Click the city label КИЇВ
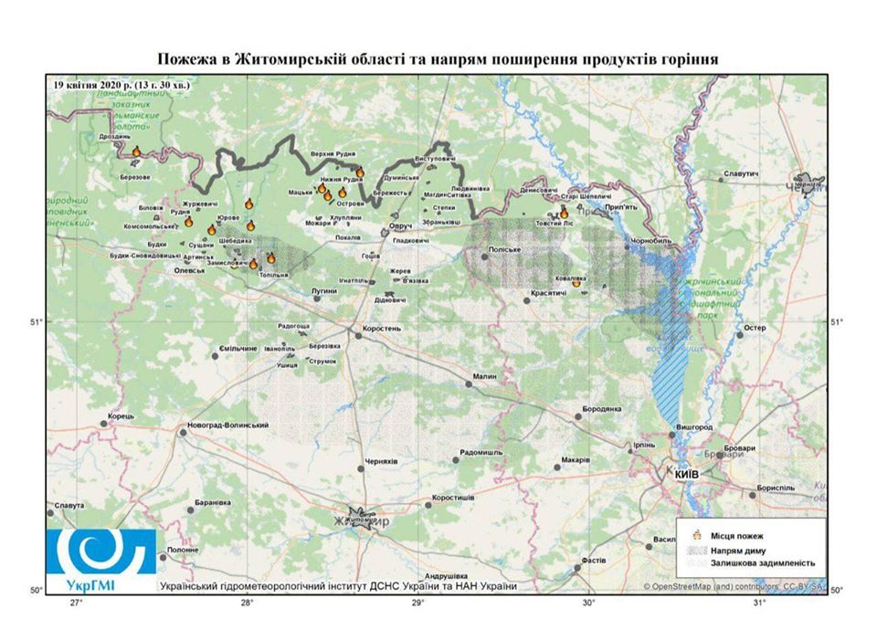click(x=686, y=476)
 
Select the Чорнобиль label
click(x=650, y=241)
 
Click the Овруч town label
click(x=401, y=226)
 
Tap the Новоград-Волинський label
click(x=227, y=425)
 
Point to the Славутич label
click(x=741, y=173)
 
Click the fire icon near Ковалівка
click(x=576, y=283)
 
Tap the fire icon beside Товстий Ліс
click(x=564, y=212)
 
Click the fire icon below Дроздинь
click(x=136, y=152)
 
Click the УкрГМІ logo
click(x=97, y=555)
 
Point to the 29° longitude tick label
click(x=417, y=603)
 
